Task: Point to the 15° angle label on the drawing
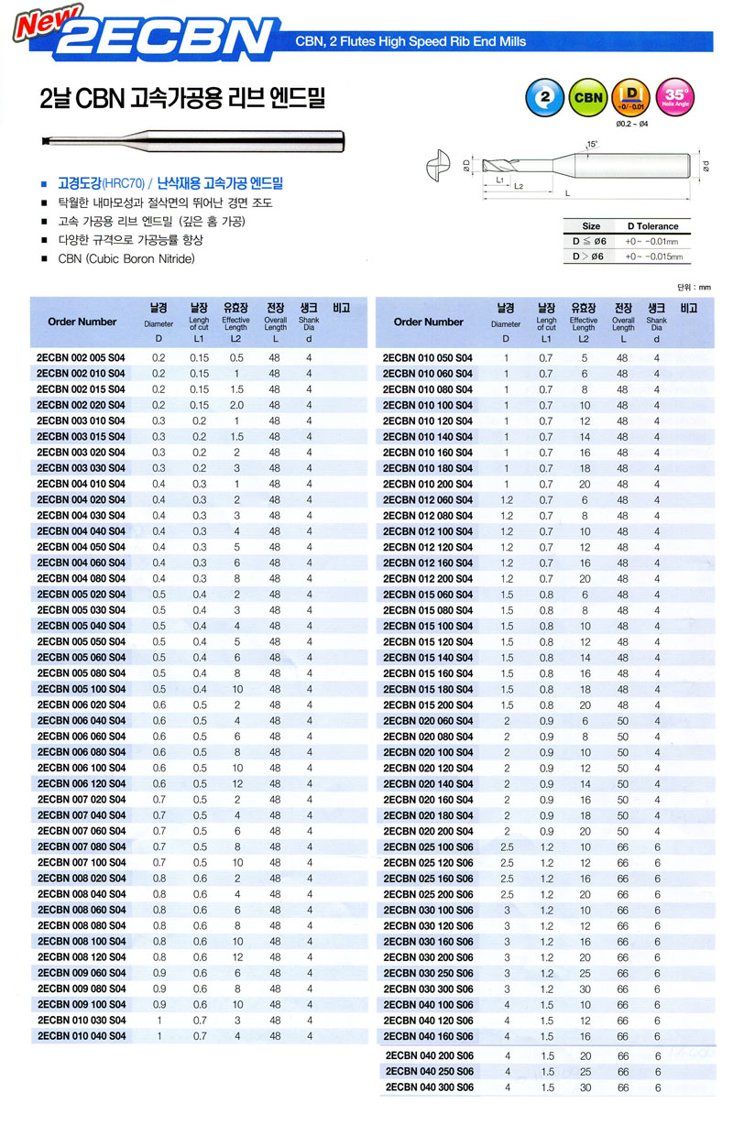(x=592, y=144)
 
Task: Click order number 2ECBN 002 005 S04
(x=81, y=358)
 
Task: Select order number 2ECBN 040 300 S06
(x=429, y=1087)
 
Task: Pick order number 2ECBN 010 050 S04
(x=429, y=358)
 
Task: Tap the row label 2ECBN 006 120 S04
(x=81, y=784)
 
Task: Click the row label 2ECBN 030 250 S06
(x=429, y=972)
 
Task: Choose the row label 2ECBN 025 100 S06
(x=429, y=847)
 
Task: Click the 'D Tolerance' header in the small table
(x=652, y=226)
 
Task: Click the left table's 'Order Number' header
(x=82, y=322)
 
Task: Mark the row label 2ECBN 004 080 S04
(x=81, y=578)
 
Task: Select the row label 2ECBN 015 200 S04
(x=429, y=705)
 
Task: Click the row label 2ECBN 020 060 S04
(x=429, y=721)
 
